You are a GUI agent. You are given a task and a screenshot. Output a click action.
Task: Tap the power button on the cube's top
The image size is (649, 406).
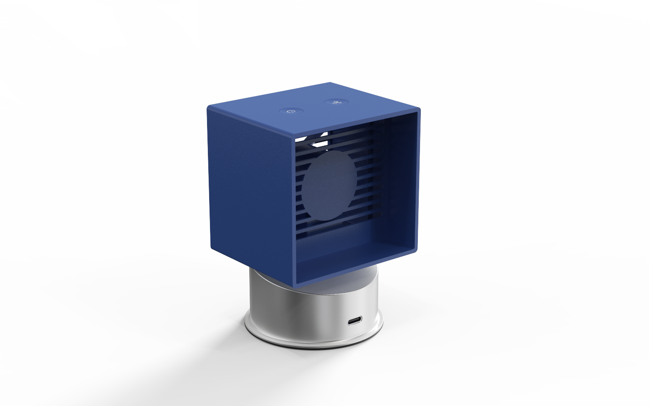pos(291,111)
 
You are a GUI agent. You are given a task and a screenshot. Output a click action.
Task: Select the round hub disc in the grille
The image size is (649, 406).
pos(329,186)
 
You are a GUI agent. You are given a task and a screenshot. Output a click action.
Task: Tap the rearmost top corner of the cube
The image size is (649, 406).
pos(330,83)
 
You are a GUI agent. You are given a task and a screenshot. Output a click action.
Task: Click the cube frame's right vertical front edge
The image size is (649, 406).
pos(418,182)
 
